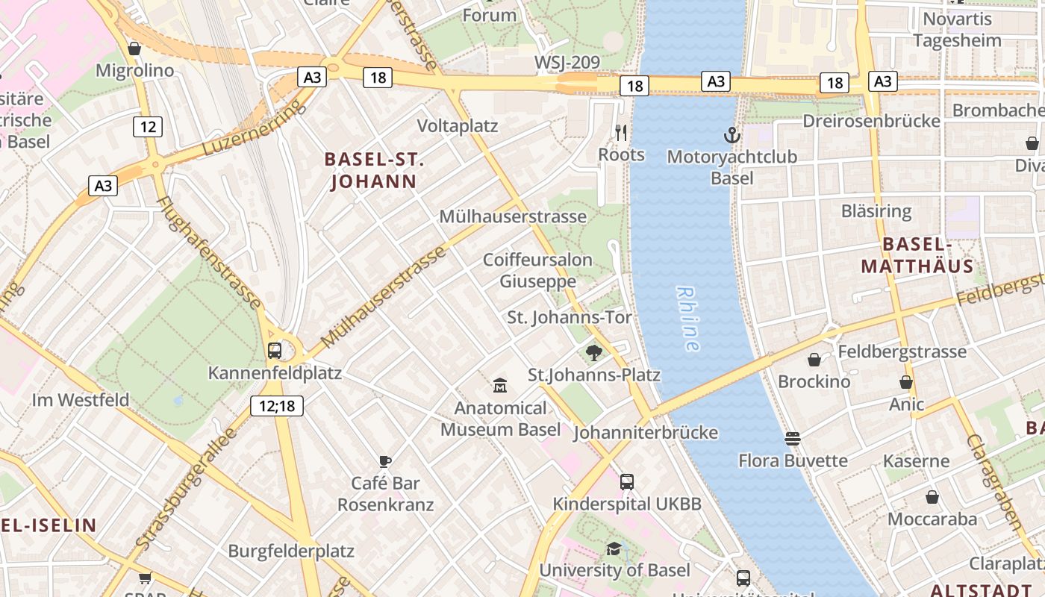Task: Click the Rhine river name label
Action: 688,319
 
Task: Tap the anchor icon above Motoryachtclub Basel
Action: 731,135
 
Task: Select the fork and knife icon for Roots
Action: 621,133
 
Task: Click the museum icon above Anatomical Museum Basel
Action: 500,386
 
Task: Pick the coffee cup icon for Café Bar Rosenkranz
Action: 385,461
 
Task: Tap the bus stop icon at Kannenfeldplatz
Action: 275,350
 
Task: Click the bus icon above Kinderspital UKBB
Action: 627,482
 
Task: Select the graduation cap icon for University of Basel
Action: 614,548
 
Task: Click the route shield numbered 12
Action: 148,126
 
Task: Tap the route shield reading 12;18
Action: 276,405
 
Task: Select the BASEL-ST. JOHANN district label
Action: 374,170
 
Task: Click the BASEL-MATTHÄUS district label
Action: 917,255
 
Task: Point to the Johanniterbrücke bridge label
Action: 646,432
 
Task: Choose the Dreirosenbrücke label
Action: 871,121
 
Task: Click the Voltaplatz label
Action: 457,126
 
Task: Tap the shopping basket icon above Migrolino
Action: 134,49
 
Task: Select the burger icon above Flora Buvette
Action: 793,439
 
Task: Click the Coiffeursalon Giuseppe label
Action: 537,270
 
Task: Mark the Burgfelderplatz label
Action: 291,551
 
